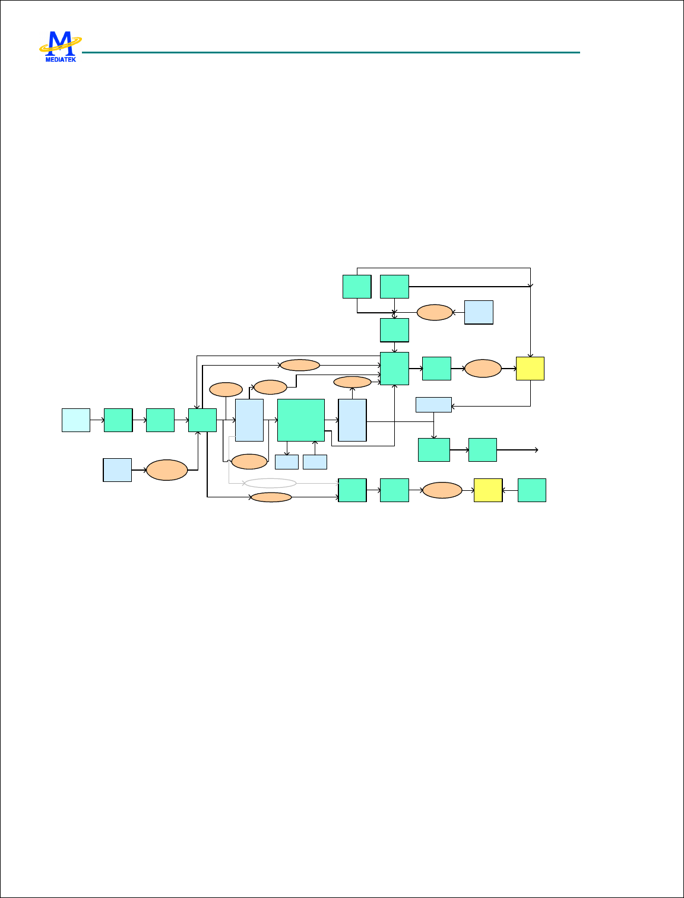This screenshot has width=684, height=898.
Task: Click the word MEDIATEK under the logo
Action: click(x=61, y=59)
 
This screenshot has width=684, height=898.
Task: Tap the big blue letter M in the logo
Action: click(x=59, y=43)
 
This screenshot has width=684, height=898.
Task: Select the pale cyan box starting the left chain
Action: click(x=76, y=420)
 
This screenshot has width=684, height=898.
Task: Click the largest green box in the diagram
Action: click(x=301, y=420)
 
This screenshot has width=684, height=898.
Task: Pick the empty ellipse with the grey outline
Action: click(x=271, y=483)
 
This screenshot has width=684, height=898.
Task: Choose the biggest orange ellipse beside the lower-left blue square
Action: click(x=167, y=470)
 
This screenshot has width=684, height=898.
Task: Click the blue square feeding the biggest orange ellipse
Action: click(x=118, y=470)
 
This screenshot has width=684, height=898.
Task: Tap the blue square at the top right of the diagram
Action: click(x=479, y=312)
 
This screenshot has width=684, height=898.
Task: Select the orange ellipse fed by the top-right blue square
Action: click(x=435, y=313)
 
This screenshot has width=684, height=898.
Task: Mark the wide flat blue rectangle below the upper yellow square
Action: click(x=433, y=405)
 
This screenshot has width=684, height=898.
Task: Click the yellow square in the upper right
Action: click(x=530, y=369)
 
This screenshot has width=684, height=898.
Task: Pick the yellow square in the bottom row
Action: click(x=488, y=490)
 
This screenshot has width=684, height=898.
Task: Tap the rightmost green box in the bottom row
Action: click(x=532, y=490)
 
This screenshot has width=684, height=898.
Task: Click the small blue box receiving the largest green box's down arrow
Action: click(x=287, y=462)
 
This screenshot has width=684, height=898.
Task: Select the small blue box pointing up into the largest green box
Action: click(x=315, y=462)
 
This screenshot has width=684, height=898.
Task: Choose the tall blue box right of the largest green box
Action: click(x=353, y=420)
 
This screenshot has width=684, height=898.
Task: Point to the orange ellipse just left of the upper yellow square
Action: click(x=483, y=369)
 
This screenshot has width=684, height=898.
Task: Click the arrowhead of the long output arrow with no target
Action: click(x=537, y=450)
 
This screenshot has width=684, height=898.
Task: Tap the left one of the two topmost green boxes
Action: click(x=357, y=287)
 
